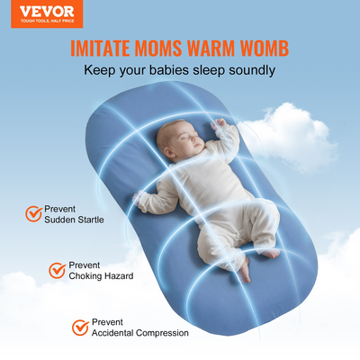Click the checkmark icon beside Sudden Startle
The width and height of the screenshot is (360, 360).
(x=33, y=213)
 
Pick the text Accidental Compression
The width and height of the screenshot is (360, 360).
(x=140, y=332)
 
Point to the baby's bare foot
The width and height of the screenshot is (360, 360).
(x=245, y=269)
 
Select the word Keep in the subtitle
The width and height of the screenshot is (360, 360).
(x=99, y=69)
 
